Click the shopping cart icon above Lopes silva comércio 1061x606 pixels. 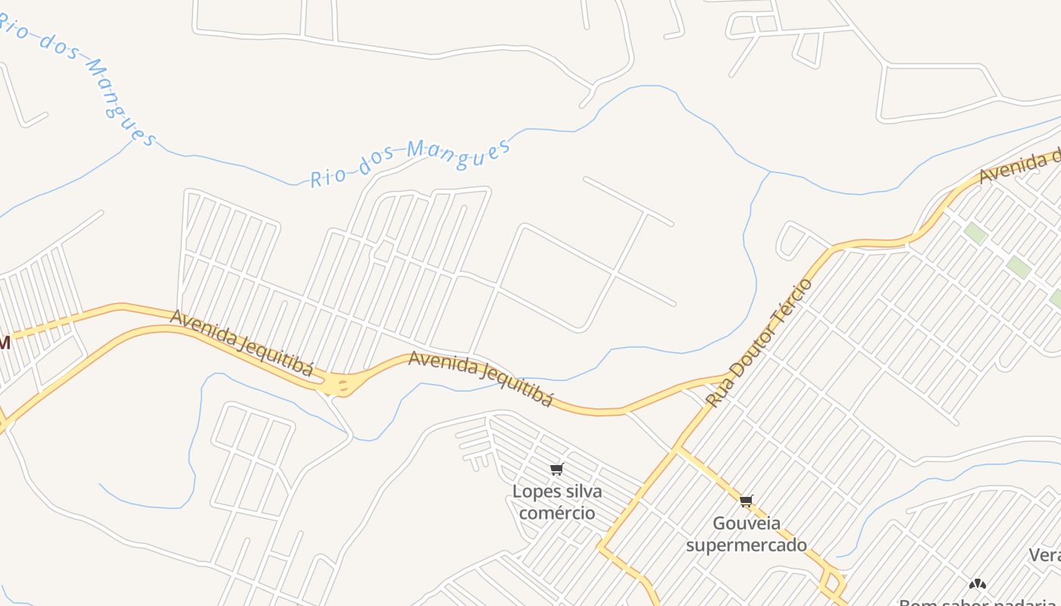[557, 470]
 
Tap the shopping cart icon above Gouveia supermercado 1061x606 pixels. [746, 501]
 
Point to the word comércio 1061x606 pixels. [557, 513]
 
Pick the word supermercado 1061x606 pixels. [746, 545]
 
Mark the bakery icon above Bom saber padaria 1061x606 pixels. [978, 584]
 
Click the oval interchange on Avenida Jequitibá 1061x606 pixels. [341, 386]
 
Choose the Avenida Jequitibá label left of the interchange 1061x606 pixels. [241, 342]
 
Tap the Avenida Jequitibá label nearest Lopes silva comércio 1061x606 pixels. [480, 378]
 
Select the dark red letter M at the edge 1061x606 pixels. [4, 343]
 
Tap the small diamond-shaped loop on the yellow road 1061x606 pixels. [833, 583]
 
